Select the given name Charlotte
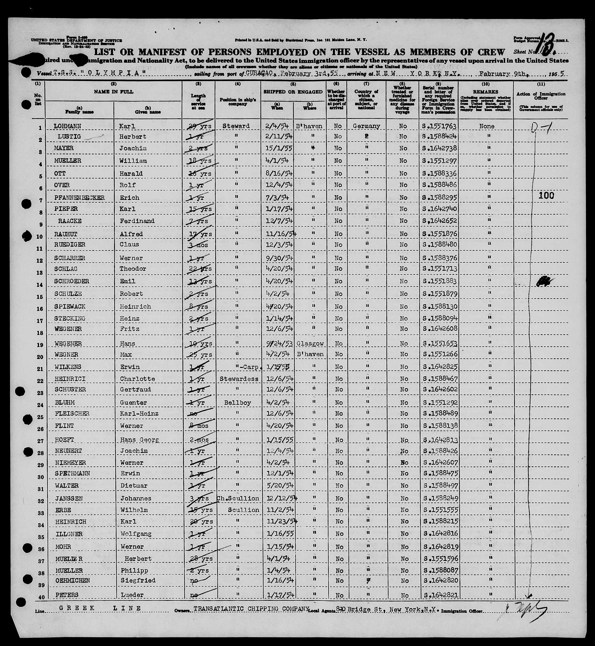coord(138,379)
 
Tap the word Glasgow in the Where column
coord(310,343)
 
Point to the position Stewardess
coord(239,379)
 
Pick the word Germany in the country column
coord(366,126)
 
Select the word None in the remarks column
coord(486,126)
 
